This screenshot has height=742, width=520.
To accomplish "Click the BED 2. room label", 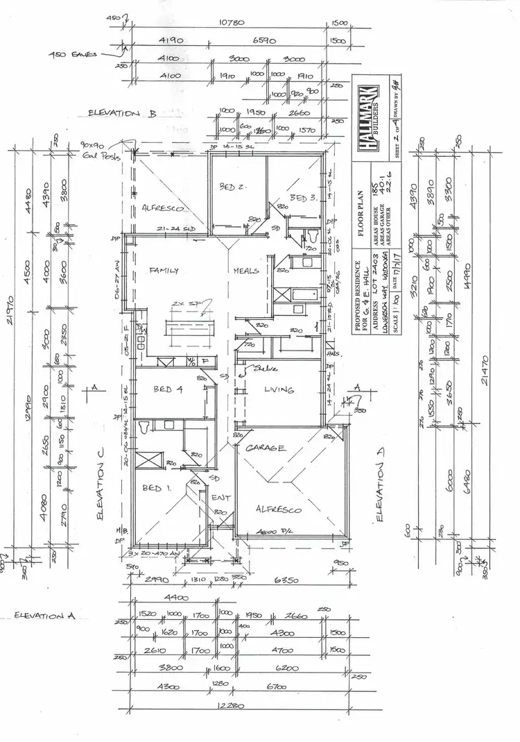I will (x=229, y=187).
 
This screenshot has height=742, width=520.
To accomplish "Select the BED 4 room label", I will (x=167, y=390).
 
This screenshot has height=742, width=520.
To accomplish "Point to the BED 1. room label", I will (x=152, y=489).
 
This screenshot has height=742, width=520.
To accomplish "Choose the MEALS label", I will (x=246, y=271).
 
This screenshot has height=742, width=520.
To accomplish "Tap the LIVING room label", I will (x=279, y=390).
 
